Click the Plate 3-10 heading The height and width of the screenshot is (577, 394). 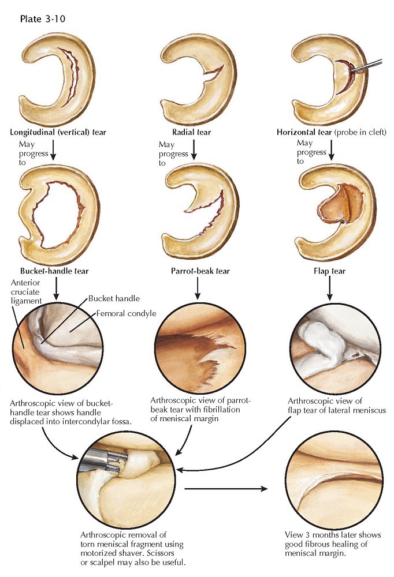click(x=43, y=19)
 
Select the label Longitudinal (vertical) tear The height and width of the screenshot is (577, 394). click(x=58, y=132)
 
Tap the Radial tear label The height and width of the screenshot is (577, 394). click(x=192, y=132)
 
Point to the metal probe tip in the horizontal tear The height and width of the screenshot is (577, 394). click(x=352, y=70)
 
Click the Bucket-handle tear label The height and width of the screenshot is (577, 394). click(x=54, y=271)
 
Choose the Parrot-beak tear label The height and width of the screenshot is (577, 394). click(x=200, y=271)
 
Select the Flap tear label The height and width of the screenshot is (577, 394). click(x=329, y=271)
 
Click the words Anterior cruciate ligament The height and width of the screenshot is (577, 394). click(x=26, y=292)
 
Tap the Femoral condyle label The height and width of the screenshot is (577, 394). click(x=127, y=313)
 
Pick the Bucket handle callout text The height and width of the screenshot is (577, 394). click(x=114, y=298)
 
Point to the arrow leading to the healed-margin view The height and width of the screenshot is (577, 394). click(x=225, y=489)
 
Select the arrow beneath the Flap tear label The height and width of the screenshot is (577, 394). click(x=329, y=288)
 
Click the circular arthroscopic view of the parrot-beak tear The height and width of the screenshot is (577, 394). click(x=200, y=348)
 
